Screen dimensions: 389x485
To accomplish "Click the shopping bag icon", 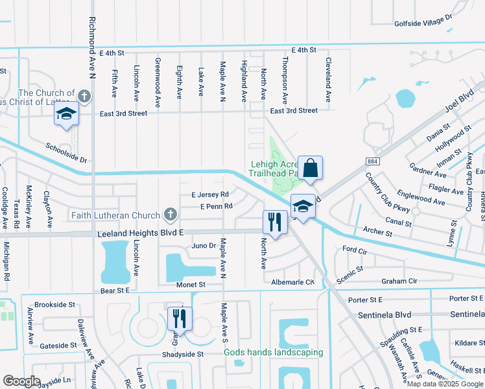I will [311, 168].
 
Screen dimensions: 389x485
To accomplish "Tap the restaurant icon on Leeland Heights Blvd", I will [275, 222].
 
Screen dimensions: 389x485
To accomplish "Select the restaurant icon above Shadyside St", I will [180, 318].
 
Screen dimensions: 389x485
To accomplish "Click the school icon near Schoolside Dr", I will [66, 113].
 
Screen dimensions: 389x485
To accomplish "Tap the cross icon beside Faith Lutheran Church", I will [170, 214].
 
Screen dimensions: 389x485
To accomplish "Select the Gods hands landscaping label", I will [273, 353].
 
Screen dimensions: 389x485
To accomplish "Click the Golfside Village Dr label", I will [423, 21].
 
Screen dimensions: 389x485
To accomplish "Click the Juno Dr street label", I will [204, 246].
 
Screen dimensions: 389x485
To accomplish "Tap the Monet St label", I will [191, 285].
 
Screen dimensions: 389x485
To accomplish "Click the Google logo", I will [21, 381].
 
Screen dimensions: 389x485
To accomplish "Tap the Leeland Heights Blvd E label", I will [140, 232].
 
